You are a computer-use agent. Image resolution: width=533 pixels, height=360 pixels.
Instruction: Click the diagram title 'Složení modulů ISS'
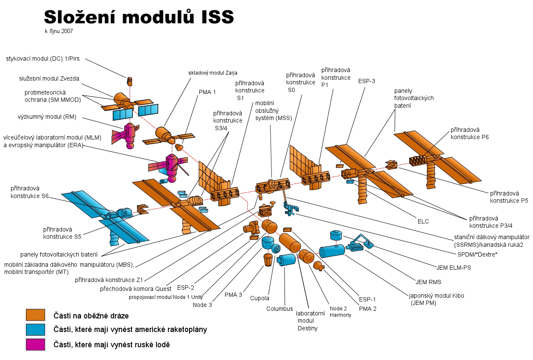click(139, 17)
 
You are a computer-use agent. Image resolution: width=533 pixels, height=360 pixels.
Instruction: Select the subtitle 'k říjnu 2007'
click(59, 31)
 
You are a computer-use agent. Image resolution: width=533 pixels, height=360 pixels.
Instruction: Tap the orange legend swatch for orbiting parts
click(36, 315)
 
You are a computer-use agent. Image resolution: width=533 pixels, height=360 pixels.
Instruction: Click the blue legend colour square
click(36, 329)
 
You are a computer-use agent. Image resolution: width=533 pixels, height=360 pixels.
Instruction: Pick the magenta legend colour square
click(36, 345)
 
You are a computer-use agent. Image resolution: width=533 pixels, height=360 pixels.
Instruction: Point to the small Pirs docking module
click(130, 81)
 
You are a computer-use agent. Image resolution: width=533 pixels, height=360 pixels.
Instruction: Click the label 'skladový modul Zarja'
click(213, 73)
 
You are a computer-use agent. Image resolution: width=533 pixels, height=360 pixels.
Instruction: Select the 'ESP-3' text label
click(366, 81)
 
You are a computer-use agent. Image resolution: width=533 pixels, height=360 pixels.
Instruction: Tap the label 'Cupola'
click(260, 298)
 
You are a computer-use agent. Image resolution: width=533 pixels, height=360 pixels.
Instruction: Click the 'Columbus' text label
click(279, 309)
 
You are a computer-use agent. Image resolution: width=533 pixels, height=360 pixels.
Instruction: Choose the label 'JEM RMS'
click(428, 282)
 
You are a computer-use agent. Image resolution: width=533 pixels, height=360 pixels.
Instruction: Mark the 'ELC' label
click(423, 221)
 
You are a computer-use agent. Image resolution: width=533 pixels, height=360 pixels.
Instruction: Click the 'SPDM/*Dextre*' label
click(477, 254)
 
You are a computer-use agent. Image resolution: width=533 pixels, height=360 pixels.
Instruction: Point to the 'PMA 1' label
click(207, 92)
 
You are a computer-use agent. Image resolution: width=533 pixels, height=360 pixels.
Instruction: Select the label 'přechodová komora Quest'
click(135, 289)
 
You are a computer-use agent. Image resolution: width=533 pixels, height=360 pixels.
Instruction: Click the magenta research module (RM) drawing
click(126, 135)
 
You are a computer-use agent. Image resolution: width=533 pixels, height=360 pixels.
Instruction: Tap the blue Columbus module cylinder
click(286, 260)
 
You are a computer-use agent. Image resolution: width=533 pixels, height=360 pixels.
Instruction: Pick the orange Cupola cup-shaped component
click(268, 260)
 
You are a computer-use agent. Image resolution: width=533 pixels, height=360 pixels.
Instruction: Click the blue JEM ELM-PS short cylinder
click(336, 235)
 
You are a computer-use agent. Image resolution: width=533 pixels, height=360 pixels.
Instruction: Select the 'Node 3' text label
click(202, 305)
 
